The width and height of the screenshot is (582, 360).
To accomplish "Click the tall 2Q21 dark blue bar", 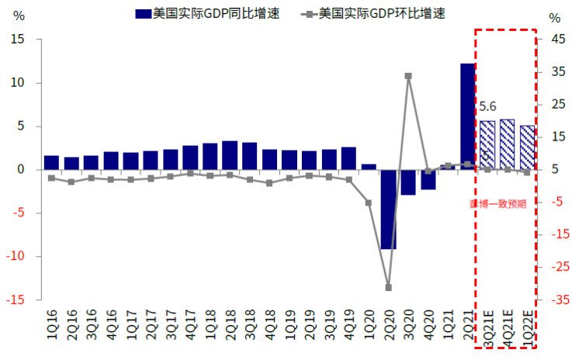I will click(467, 116).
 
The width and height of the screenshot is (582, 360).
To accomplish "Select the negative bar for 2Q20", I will click(388, 209).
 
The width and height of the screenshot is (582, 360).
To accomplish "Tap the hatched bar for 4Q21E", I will click(507, 144).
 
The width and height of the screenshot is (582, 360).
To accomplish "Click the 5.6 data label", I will click(488, 107).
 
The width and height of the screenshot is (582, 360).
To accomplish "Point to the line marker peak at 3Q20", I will click(408, 76).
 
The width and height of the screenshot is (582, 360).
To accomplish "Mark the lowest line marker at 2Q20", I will click(388, 287).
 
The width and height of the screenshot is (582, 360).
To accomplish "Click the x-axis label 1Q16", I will click(52, 324).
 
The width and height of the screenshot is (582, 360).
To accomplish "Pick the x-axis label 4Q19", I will click(348, 324).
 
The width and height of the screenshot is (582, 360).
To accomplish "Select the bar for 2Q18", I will click(230, 155).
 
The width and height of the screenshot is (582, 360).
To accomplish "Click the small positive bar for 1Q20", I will click(369, 166).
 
